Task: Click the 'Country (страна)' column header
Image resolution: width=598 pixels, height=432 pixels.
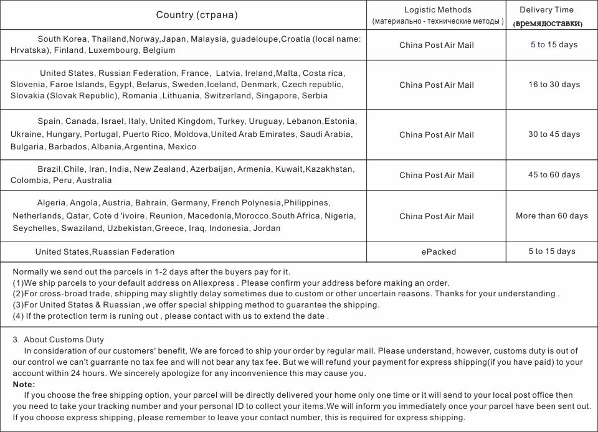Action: pos(197,15)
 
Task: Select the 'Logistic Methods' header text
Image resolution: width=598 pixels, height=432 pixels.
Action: pos(437,10)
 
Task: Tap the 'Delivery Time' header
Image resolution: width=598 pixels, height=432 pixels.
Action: pos(546,10)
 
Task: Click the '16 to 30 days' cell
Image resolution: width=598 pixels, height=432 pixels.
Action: pos(554,85)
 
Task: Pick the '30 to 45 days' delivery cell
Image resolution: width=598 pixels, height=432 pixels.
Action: pos(554,134)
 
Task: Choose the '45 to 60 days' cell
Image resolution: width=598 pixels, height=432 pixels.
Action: pos(554,175)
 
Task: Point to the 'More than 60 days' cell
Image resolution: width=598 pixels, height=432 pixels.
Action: pos(551,216)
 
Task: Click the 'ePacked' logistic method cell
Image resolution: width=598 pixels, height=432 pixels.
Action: pos(439,252)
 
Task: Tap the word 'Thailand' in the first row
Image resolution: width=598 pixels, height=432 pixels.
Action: pos(109,39)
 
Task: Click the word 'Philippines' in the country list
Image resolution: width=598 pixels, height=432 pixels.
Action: pos(306,203)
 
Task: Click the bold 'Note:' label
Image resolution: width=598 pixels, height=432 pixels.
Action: pos(24,385)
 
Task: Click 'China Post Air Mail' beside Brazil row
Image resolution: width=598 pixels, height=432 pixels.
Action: pos(436,176)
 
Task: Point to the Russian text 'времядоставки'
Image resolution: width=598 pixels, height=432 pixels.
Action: pos(548,24)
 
